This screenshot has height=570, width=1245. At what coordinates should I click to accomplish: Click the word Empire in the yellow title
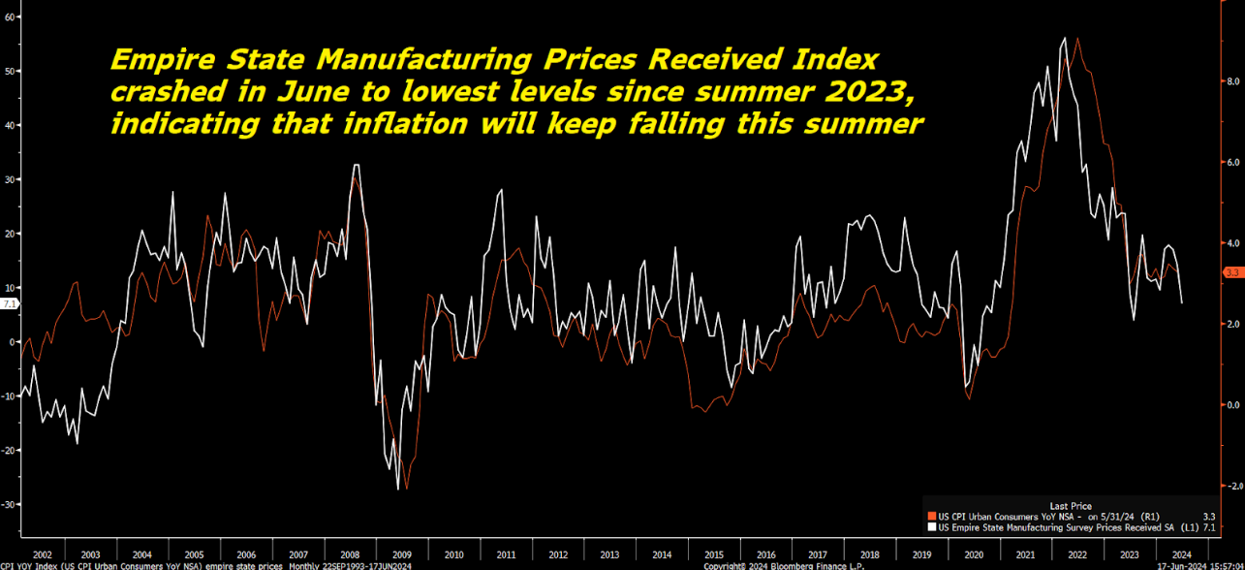[x=158, y=60]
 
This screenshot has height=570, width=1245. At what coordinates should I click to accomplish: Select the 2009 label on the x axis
[x=402, y=554]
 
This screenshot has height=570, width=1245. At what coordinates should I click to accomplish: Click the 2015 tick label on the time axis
[x=714, y=554]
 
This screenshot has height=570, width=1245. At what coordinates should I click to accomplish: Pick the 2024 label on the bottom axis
[x=1181, y=554]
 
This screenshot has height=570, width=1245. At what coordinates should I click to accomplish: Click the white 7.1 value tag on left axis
[x=10, y=303]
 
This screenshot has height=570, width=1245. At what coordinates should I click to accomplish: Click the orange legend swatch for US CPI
[x=930, y=517]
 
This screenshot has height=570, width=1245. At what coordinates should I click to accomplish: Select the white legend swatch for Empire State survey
[x=930, y=528]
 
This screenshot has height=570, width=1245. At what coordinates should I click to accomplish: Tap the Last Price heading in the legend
[x=1071, y=505]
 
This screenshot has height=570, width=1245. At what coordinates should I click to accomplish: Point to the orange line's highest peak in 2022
[x=1077, y=39]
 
